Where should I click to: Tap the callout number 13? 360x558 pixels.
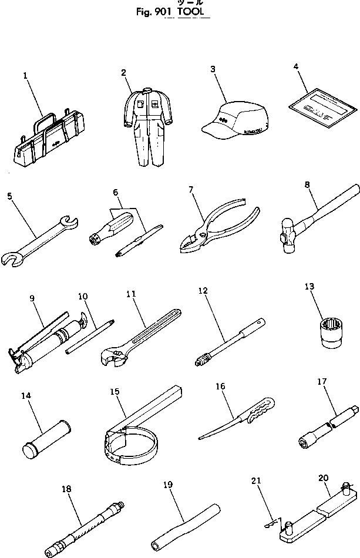click(x=309, y=287)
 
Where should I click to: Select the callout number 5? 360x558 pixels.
click(x=9, y=196)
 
